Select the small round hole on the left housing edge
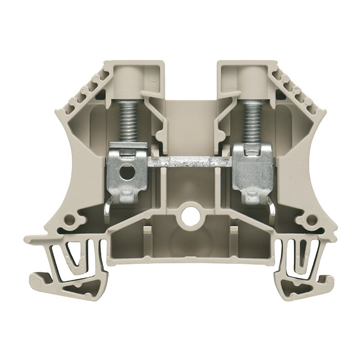pos(69,220)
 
